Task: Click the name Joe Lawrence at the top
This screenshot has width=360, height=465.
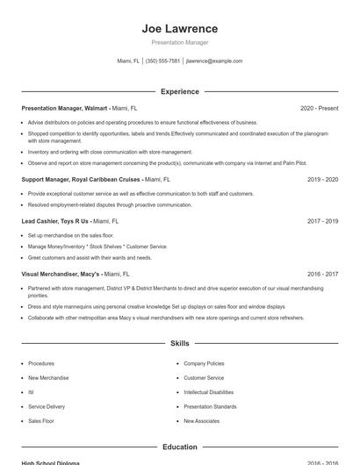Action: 179,28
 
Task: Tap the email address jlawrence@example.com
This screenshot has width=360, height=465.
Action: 213,61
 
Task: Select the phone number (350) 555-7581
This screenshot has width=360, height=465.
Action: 162,61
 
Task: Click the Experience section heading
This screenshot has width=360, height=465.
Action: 179,91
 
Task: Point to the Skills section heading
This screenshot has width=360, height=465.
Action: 179,343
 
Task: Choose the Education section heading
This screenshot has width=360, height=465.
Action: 179,447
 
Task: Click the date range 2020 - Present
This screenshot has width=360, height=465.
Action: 319,108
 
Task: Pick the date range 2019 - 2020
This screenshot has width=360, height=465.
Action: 322,179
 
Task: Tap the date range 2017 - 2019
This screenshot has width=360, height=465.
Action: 322,221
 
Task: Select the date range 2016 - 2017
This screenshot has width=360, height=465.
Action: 322,274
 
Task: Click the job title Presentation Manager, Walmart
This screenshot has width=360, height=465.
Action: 64,108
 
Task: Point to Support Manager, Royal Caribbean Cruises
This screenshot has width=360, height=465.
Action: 81,179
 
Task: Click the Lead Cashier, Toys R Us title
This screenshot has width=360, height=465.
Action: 54,221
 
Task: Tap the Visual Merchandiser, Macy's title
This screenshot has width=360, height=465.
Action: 61,274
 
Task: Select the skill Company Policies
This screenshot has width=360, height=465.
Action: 204,363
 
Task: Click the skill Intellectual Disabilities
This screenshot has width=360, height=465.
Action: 208,392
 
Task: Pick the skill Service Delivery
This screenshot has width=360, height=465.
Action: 47,406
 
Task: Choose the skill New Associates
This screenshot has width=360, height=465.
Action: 201,421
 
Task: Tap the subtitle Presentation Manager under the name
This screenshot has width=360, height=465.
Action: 179,42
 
